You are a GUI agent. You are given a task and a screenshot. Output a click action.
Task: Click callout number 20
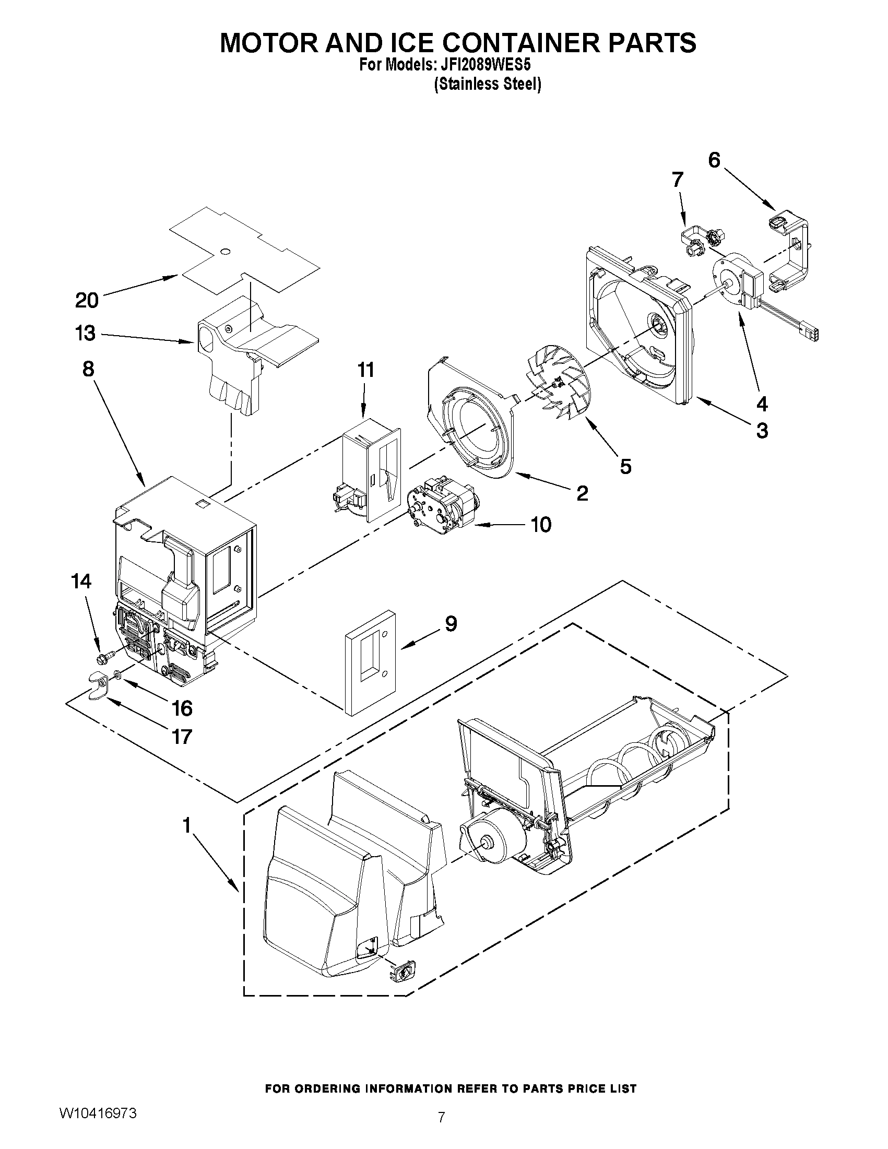pos(87,300)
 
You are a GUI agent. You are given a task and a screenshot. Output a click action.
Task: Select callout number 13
pos(86,333)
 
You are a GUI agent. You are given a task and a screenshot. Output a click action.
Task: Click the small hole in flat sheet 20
pos(225,252)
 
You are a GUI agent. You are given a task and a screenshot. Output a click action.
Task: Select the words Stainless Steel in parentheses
pos(487,85)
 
